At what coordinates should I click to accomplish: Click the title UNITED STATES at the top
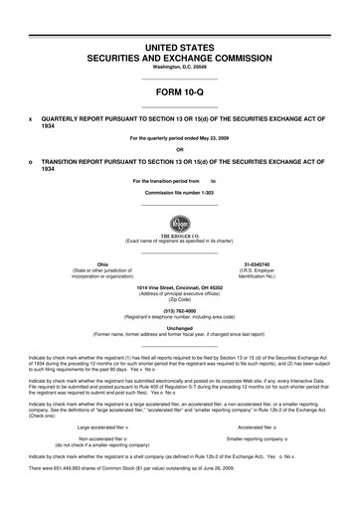tap(180, 48)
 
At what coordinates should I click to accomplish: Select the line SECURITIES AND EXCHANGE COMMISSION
tap(180, 59)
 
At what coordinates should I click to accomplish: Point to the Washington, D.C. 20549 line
tap(180, 69)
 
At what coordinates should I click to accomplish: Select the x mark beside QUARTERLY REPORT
tap(31, 118)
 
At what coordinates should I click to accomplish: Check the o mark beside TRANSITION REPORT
tap(31, 161)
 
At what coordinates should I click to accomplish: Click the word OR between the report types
tap(180, 149)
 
